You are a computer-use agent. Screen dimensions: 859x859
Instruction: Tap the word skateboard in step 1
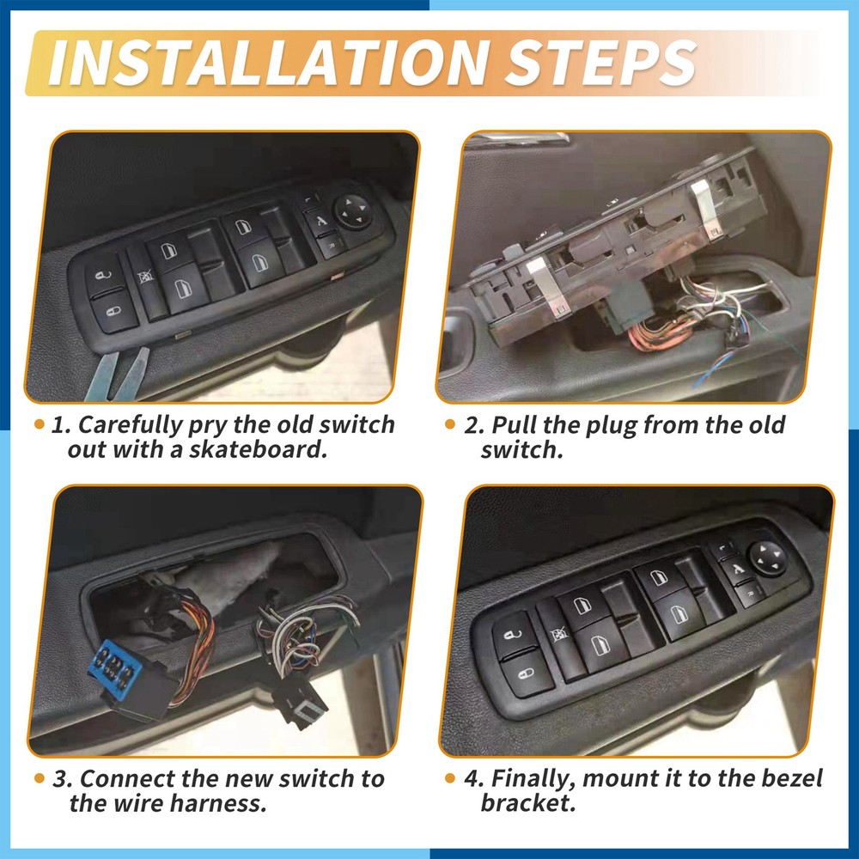click(x=258, y=450)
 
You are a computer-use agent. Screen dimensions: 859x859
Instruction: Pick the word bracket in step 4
click(x=528, y=803)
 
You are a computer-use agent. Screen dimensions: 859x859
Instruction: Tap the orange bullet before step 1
click(x=39, y=424)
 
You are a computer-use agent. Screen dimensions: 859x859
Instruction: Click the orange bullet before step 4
click(x=450, y=778)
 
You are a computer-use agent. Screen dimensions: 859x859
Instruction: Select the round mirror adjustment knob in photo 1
click(x=353, y=210)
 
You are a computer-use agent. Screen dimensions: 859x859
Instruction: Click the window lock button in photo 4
click(x=559, y=636)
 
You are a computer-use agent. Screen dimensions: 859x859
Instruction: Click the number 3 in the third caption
click(x=60, y=779)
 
